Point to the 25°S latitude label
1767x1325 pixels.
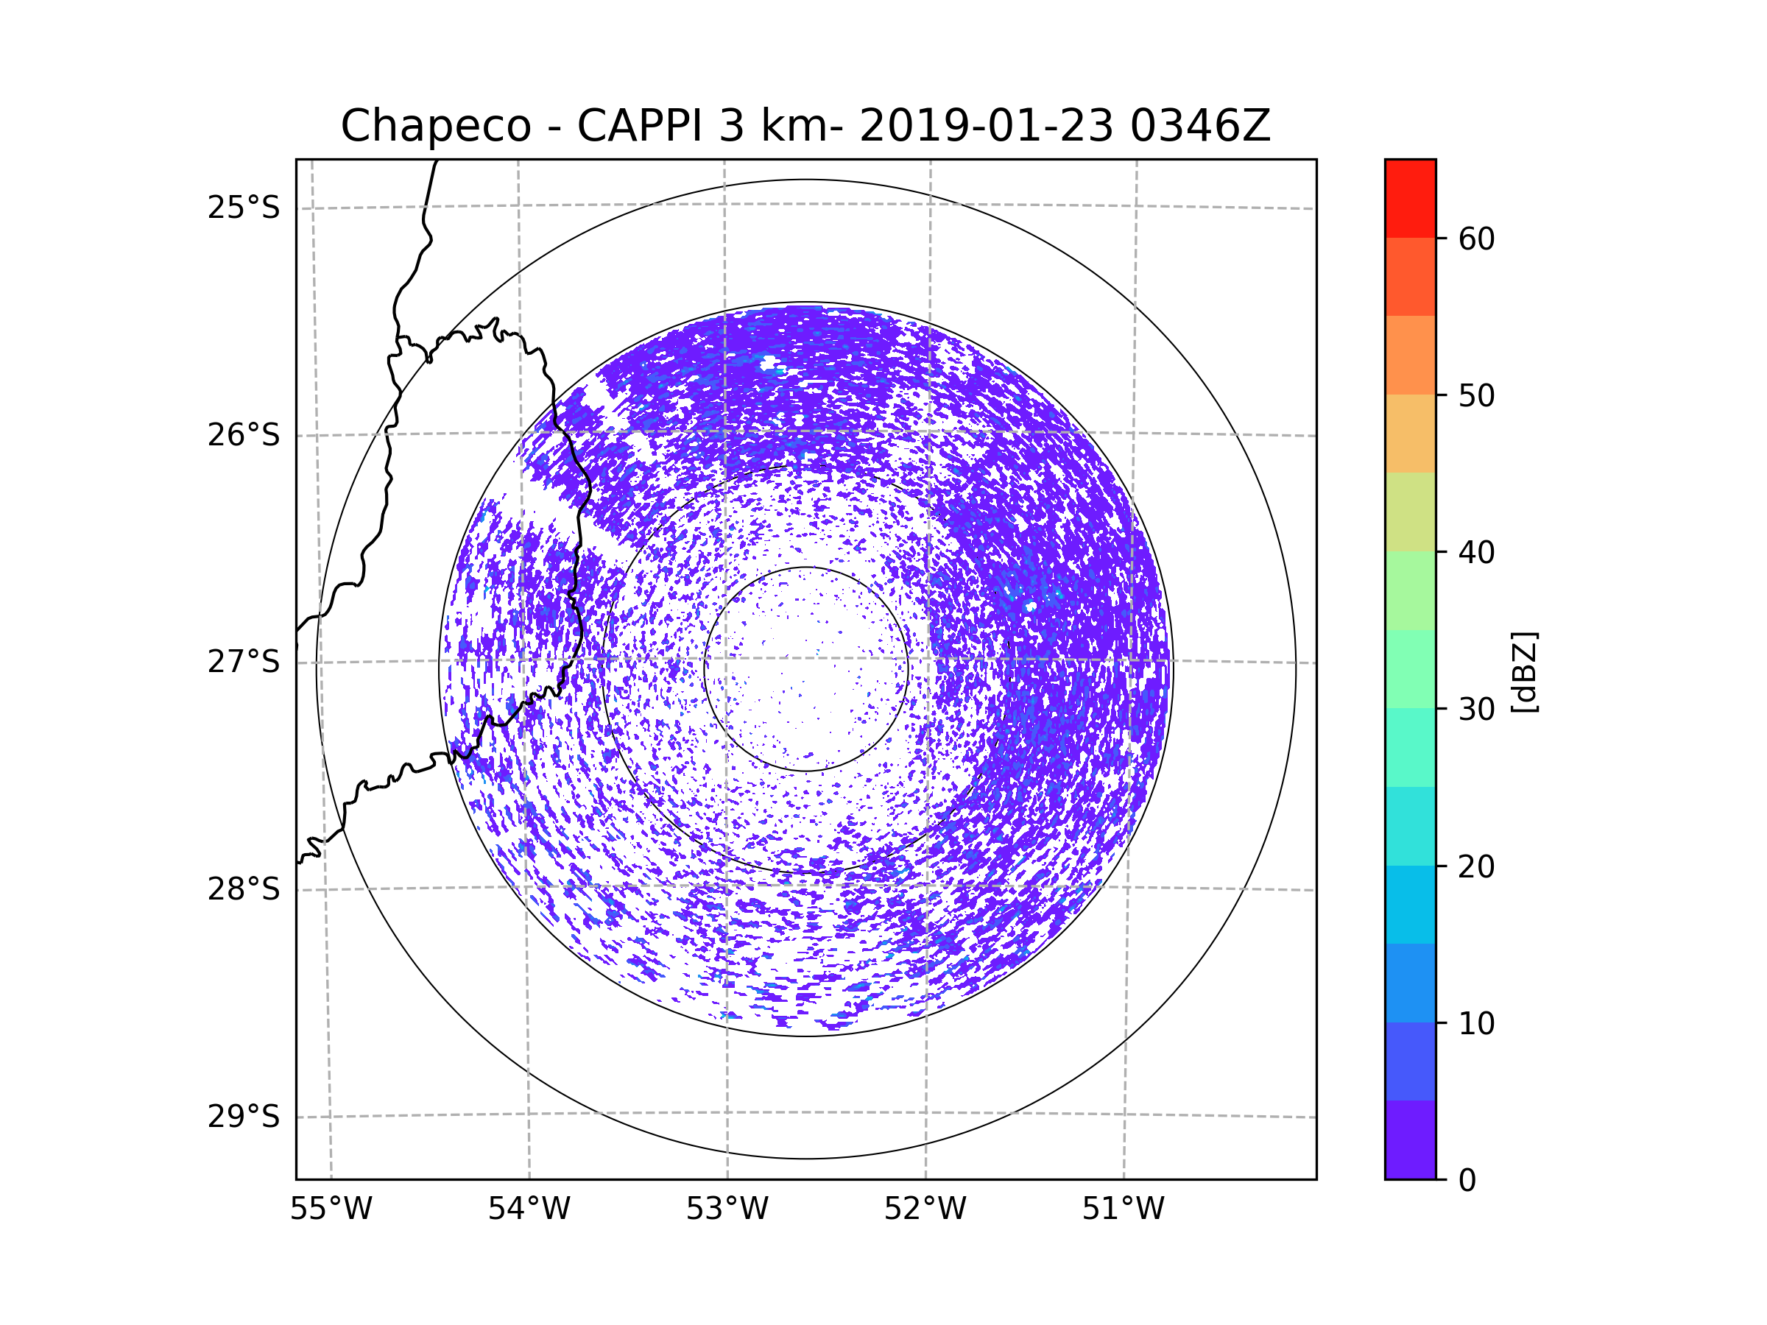point(244,208)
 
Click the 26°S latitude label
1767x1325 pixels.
point(244,435)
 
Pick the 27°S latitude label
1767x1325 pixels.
point(244,662)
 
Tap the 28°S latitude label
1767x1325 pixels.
point(244,889)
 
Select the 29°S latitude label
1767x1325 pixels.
point(244,1117)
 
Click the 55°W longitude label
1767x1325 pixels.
point(331,1209)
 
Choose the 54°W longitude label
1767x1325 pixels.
point(529,1209)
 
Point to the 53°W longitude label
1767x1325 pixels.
point(727,1209)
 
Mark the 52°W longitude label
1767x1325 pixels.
point(925,1209)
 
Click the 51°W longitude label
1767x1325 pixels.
point(1123,1209)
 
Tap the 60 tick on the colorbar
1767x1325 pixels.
point(1476,239)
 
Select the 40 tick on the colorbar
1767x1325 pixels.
point(1476,552)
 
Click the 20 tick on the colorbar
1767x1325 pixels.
point(1476,866)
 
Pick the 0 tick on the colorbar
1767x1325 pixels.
point(1467,1181)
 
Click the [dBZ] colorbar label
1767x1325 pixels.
point(1524,671)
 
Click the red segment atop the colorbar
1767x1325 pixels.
point(1410,198)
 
